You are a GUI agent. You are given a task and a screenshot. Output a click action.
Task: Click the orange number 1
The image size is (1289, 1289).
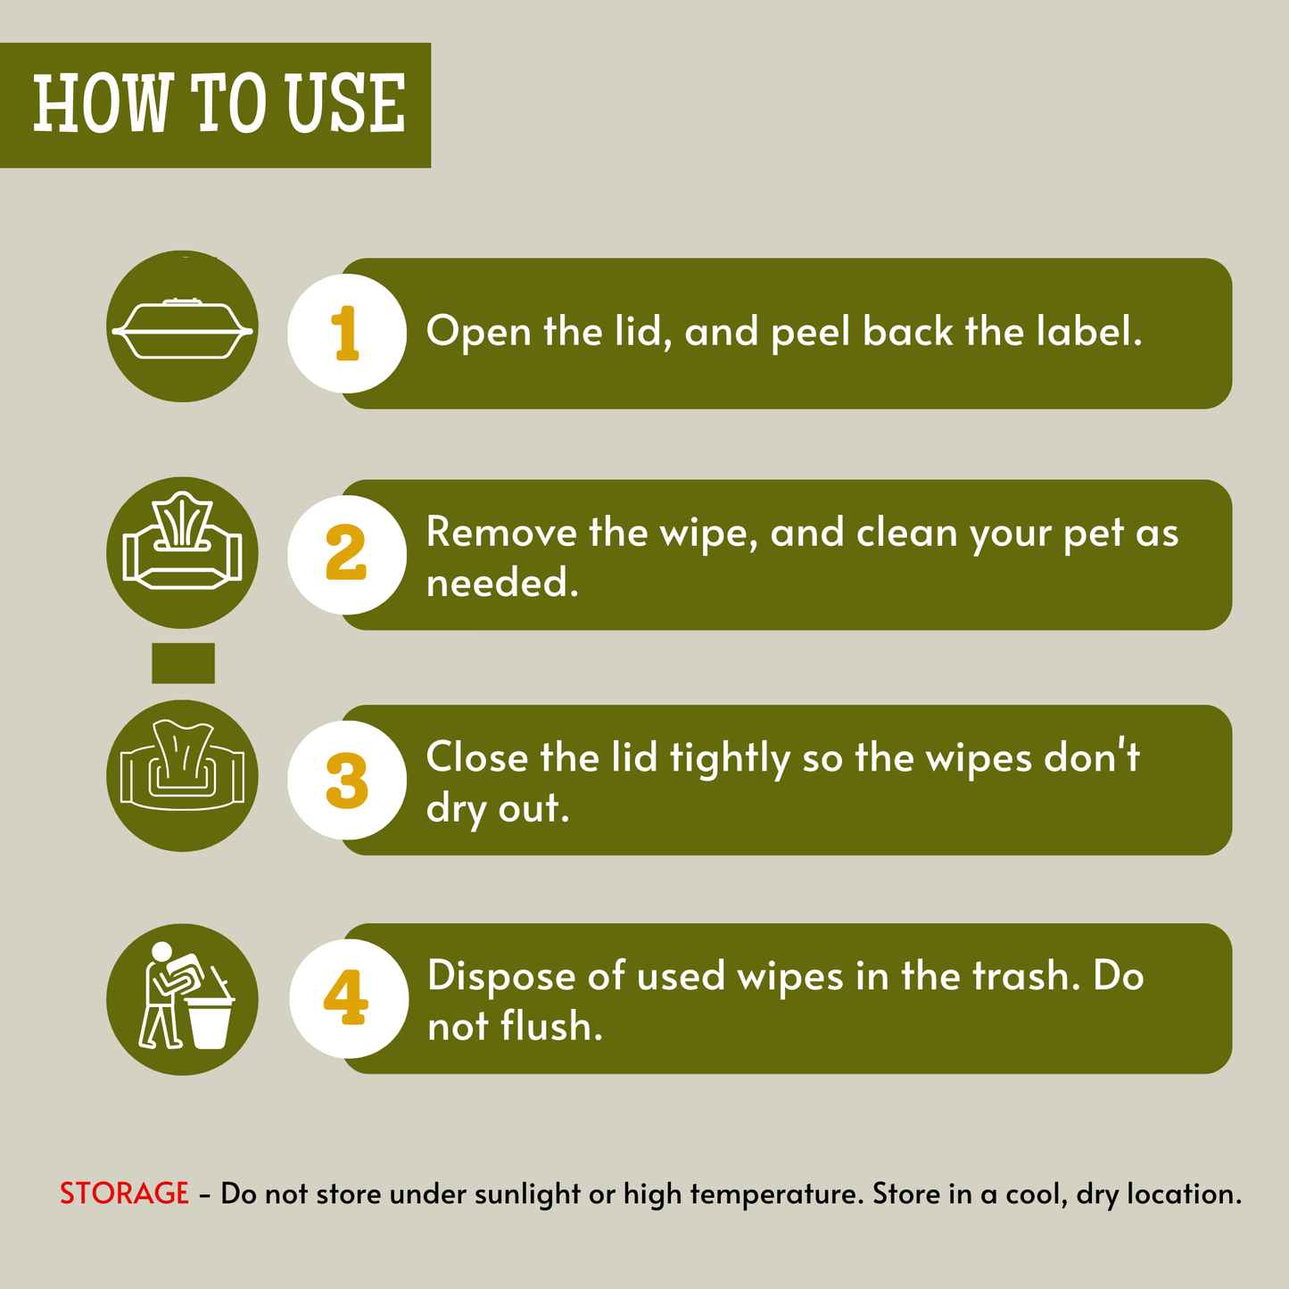[x=346, y=333]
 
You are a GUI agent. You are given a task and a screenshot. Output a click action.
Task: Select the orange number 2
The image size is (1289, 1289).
[x=346, y=552]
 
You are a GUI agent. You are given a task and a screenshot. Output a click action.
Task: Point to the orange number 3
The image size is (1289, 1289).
[x=346, y=780]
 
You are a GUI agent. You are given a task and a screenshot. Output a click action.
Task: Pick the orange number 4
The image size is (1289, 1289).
[x=346, y=998]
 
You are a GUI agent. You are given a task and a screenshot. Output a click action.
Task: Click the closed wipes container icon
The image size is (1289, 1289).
[x=183, y=328]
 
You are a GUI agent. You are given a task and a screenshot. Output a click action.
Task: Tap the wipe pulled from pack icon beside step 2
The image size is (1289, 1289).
[x=183, y=541]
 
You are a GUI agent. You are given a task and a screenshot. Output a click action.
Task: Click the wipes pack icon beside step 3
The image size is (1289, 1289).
[x=182, y=765]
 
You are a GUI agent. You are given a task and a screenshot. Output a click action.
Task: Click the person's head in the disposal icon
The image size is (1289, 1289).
[x=161, y=951]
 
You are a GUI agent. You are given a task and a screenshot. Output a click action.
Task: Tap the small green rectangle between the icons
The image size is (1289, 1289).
[x=183, y=663]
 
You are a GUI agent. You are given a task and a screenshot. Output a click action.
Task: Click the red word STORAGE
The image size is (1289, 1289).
[x=124, y=1194]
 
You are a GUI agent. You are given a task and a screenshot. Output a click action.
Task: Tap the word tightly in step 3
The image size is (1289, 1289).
[x=731, y=759]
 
